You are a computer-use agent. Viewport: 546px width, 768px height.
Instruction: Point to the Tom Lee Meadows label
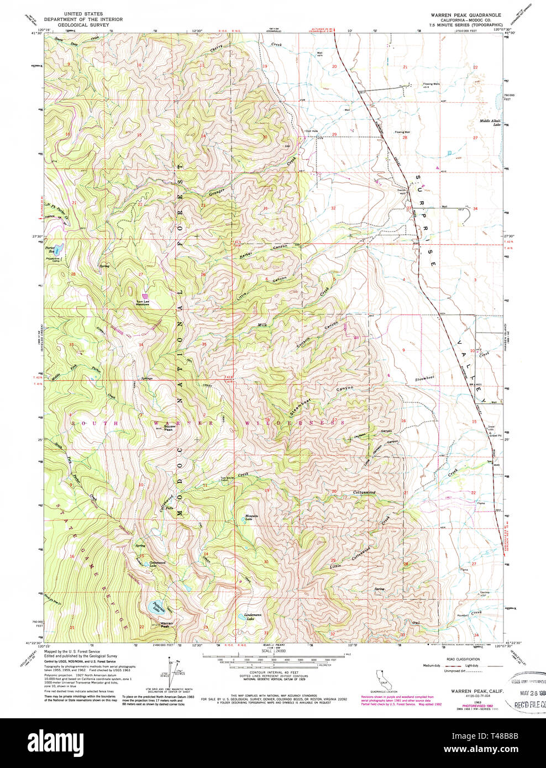click(143, 303)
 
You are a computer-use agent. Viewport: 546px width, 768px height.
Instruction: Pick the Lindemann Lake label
click(247, 618)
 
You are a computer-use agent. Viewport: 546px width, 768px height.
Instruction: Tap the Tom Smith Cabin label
click(224, 479)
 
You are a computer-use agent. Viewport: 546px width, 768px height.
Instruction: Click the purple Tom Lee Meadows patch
click(145, 296)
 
